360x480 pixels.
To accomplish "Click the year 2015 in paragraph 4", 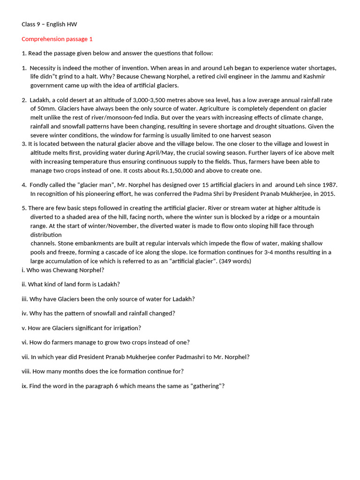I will [x=327, y=194].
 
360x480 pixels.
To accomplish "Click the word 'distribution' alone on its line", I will [x=46, y=235].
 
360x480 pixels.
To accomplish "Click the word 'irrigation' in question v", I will [x=126, y=328].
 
